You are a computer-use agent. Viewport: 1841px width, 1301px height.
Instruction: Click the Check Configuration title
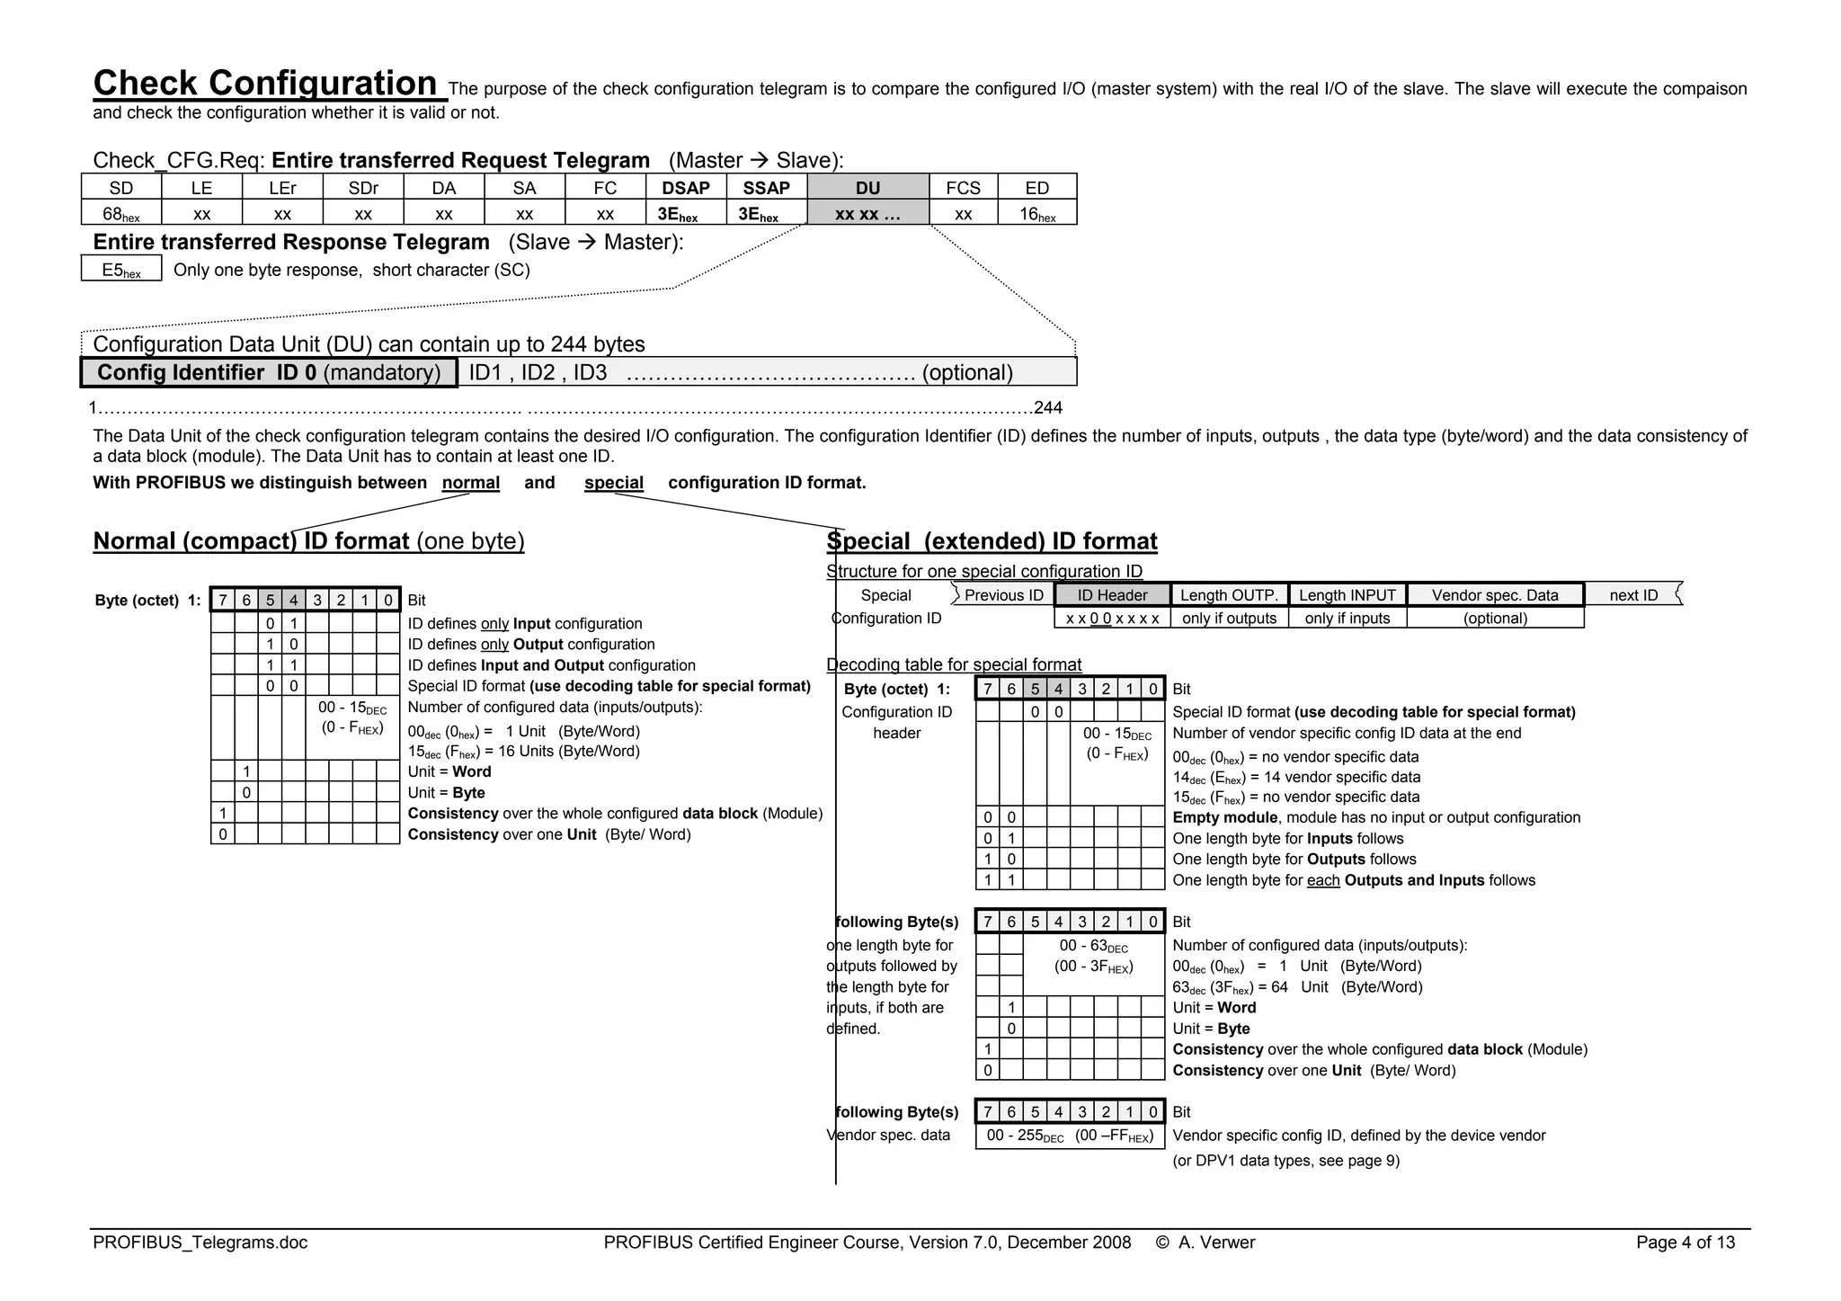tap(265, 84)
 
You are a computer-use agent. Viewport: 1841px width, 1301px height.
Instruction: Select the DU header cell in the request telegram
tap(867, 187)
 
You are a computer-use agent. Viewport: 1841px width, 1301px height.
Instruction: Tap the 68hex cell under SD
tap(121, 214)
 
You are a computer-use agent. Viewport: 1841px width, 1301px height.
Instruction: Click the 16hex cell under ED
tap(1037, 214)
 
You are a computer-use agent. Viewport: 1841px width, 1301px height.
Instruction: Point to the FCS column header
tap(963, 187)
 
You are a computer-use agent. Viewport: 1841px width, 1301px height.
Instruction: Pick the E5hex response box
tap(121, 270)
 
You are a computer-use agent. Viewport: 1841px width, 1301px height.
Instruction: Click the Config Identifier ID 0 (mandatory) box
tap(269, 372)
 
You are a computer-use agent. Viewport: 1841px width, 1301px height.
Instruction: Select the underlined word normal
tap(470, 483)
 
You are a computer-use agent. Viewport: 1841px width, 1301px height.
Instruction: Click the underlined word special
tap(613, 483)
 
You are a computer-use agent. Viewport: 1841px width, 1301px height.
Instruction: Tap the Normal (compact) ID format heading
tap(308, 541)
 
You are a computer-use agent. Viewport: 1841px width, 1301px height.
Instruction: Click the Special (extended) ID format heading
tap(992, 541)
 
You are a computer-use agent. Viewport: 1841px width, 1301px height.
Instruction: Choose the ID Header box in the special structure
tap(1112, 595)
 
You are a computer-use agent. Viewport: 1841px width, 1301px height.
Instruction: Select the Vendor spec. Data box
tap(1495, 595)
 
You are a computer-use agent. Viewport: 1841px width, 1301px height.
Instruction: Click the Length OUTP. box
tap(1229, 595)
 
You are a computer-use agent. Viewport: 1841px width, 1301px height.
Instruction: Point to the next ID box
tap(1633, 595)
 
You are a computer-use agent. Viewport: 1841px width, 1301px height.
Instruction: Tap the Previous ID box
tap(1003, 595)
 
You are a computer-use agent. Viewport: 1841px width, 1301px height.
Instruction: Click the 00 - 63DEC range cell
tap(1093, 957)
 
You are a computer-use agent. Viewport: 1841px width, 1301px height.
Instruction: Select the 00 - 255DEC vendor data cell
tap(1070, 1136)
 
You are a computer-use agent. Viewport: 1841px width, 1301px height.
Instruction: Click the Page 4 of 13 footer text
tap(1685, 1243)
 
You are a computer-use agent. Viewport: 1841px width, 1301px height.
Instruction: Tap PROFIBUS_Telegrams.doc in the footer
tap(200, 1243)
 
